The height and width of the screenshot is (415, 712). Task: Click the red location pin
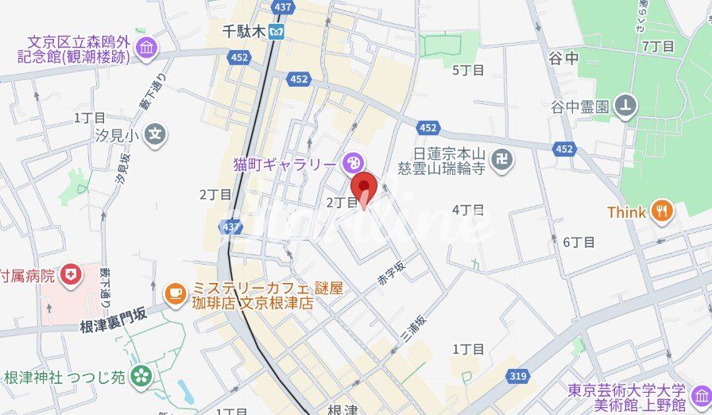[364, 188]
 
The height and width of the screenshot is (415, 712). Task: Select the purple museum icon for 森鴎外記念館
[146, 48]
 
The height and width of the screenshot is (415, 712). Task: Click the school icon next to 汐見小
[157, 135]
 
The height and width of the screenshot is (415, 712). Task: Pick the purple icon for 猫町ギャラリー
[351, 165]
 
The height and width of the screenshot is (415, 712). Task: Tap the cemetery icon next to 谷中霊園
[627, 105]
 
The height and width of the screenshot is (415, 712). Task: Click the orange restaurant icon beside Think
[660, 211]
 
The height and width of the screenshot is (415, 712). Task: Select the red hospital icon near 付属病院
[72, 275]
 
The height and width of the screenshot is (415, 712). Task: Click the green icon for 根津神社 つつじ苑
[141, 375]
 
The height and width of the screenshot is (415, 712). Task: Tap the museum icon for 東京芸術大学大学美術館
[700, 396]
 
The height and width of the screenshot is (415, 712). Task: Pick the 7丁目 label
[658, 46]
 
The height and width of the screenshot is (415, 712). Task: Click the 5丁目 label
[468, 70]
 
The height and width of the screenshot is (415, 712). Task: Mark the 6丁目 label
[578, 241]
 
